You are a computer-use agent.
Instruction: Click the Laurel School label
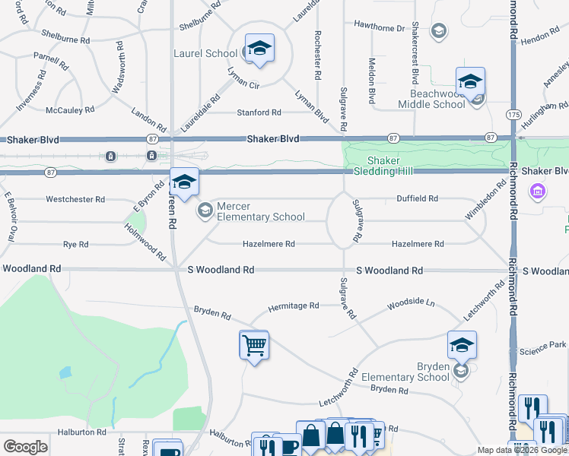(x=205, y=54)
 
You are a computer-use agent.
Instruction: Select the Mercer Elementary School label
(x=261, y=211)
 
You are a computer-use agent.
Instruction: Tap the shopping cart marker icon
(x=253, y=346)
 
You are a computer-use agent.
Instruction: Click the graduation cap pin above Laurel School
(x=259, y=49)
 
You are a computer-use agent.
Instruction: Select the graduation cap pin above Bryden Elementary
(x=462, y=346)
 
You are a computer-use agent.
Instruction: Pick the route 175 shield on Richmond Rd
(x=513, y=114)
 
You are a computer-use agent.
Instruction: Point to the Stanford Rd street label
(x=259, y=112)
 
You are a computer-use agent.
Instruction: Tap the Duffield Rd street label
(x=418, y=199)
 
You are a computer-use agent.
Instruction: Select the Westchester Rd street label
(x=75, y=199)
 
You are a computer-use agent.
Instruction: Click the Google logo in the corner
(x=25, y=447)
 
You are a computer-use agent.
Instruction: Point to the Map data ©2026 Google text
(x=522, y=450)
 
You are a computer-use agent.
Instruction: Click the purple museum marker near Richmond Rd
(x=538, y=192)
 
